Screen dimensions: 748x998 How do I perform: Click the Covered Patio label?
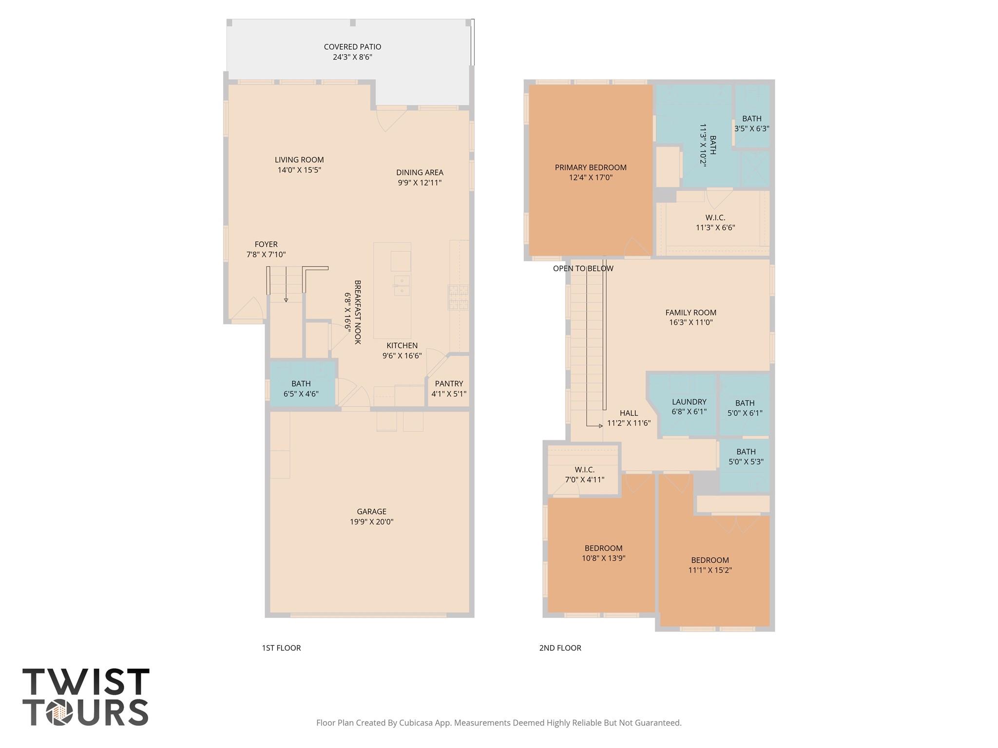[x=352, y=47]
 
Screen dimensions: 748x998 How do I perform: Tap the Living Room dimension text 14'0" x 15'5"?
[x=299, y=170]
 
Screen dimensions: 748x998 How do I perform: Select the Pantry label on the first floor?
[x=449, y=384]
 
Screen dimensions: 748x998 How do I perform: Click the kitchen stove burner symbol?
[x=458, y=297]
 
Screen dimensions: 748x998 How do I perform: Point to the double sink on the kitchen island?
[x=402, y=285]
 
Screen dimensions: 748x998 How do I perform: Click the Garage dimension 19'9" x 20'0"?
[x=371, y=522]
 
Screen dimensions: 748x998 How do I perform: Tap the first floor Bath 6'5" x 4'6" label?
[x=301, y=389]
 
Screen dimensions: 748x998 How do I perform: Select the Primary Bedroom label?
[x=591, y=168]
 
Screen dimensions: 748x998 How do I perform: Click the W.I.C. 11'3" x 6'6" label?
[x=715, y=223]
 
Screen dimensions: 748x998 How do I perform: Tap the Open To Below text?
[x=583, y=269]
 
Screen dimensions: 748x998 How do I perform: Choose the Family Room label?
[x=691, y=313]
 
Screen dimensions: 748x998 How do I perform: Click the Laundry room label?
[x=689, y=402]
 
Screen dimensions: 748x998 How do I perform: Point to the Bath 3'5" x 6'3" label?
[x=751, y=123]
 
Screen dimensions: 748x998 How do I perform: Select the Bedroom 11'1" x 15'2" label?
[x=710, y=565]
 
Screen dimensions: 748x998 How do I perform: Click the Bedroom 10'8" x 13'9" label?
[x=603, y=553]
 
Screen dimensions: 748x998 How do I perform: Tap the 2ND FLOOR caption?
[x=560, y=648]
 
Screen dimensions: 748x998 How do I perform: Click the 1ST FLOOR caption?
[x=281, y=648]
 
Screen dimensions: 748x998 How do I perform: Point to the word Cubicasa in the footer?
[x=417, y=723]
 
